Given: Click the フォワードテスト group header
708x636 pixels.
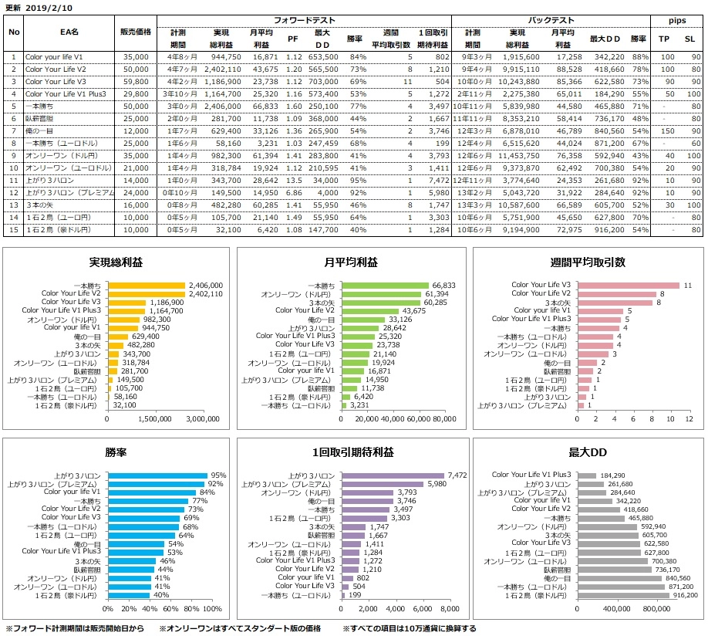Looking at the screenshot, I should (x=302, y=20).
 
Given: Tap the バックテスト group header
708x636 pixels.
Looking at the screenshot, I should (x=549, y=20).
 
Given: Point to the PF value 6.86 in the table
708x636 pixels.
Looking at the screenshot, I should (x=293, y=192).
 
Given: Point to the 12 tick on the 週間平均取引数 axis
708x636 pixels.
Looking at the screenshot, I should (x=690, y=419).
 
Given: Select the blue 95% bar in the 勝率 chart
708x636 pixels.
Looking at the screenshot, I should (x=157, y=476).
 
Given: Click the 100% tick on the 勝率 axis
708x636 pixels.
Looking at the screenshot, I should (x=213, y=610).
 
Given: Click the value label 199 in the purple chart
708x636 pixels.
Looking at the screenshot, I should (x=356, y=596).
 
